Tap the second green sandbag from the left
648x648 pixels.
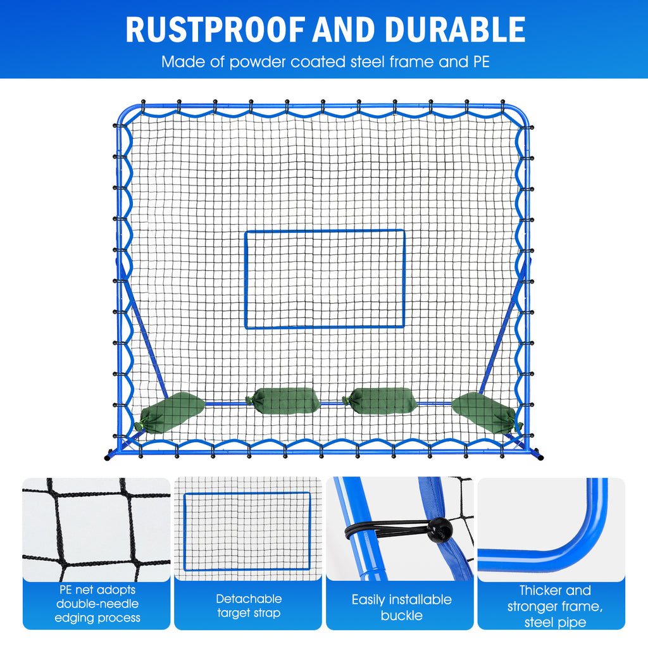283,400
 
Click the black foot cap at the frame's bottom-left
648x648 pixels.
108,455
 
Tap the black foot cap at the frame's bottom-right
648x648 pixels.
539,455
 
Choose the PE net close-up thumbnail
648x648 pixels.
96,528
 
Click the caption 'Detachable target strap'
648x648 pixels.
249,606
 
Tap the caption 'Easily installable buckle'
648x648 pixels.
401,607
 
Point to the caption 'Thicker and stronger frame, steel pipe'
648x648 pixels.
555,606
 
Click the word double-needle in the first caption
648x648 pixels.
97,604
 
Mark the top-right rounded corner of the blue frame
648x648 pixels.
521,111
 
